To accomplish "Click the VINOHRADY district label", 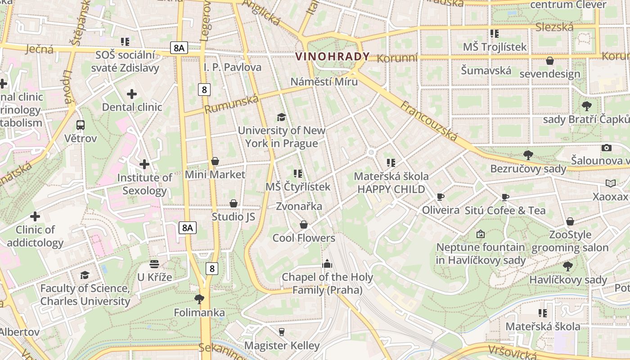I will [333, 57].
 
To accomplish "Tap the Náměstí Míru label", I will [324, 81].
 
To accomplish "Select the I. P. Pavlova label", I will [232, 67].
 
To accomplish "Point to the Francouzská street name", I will [428, 121].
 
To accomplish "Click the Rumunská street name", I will [232, 104].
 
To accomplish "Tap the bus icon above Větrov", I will [81, 125].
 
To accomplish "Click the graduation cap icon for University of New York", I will [281, 117].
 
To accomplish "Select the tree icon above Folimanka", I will [199, 299].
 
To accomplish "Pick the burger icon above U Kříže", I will [154, 264].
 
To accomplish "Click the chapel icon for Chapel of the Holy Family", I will [327, 264].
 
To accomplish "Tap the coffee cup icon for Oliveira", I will [441, 197].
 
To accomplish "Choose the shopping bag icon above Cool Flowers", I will [304, 225].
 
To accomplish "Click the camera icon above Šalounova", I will [607, 148].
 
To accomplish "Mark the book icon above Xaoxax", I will [610, 184].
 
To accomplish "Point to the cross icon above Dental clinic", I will [132, 94].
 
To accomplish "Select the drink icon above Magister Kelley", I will [282, 332].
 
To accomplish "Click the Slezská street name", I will [554, 27].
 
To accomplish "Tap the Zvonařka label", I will [299, 206].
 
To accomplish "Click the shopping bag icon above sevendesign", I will [550, 61].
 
